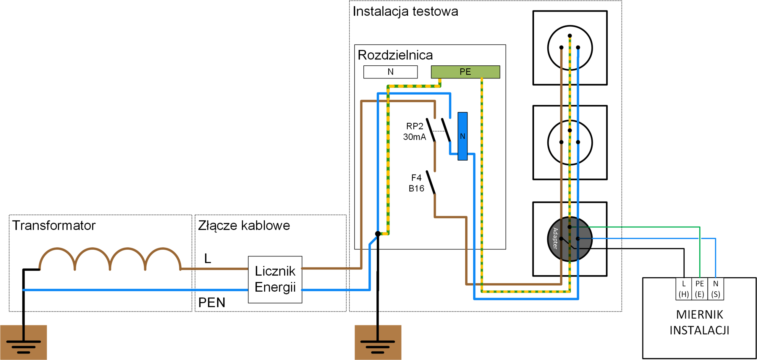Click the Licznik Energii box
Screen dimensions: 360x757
(x=275, y=279)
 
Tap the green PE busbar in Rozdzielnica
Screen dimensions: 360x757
(x=465, y=72)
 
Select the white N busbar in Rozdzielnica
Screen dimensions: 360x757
(x=390, y=72)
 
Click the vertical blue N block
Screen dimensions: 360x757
(x=462, y=136)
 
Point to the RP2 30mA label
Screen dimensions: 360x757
(x=414, y=131)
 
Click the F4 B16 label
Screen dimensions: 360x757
(x=416, y=183)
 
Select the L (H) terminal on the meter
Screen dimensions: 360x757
(x=683, y=289)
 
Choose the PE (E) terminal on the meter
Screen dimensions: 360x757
(x=699, y=289)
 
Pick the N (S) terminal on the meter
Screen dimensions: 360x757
(x=715, y=289)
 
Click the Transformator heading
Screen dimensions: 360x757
(x=54, y=225)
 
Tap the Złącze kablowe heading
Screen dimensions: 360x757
(x=244, y=225)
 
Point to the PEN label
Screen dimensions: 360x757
(x=212, y=302)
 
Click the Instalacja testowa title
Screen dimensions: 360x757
(x=405, y=12)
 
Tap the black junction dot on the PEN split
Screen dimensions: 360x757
(x=378, y=234)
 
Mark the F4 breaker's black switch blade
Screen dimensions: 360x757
(x=431, y=183)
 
